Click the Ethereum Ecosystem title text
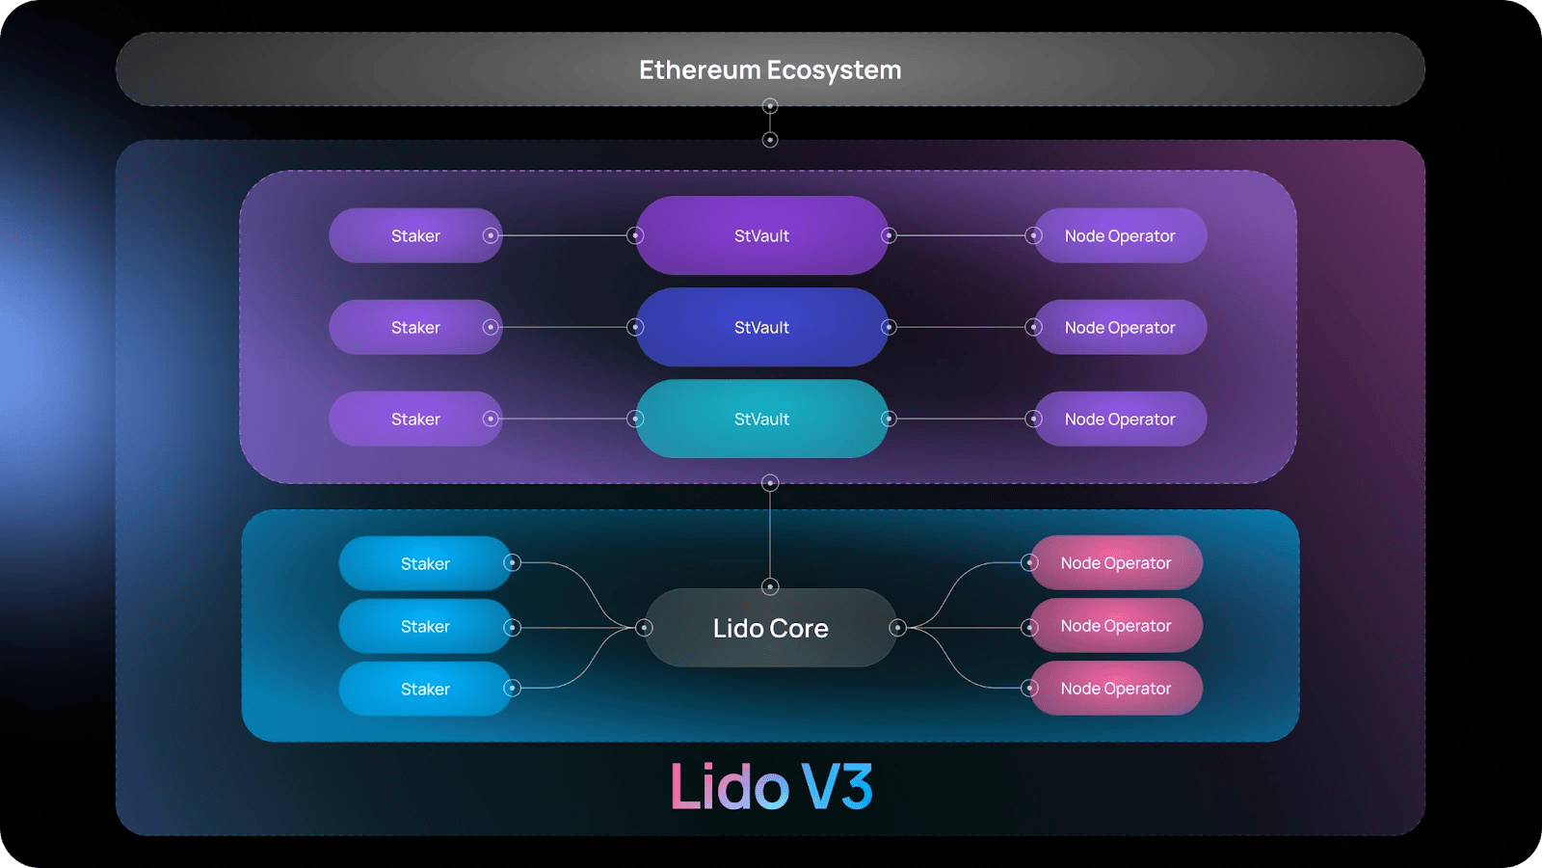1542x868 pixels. (770, 69)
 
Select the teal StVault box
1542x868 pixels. (761, 419)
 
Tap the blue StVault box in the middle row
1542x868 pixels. (761, 327)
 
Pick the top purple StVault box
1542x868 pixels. (761, 235)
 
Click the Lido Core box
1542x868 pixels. (770, 628)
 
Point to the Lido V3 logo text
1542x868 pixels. (771, 785)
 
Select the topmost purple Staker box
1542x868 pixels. (415, 235)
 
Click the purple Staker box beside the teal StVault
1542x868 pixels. (415, 419)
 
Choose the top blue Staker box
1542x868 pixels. (425, 563)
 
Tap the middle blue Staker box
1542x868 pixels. (425, 626)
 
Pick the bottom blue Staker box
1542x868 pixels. (425, 689)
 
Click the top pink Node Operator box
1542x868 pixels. (1116, 563)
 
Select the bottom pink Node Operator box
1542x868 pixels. (1116, 689)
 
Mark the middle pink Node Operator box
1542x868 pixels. (1116, 626)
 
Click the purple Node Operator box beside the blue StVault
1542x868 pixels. (1120, 327)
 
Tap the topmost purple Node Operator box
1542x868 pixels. (1120, 235)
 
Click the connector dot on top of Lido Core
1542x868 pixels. (770, 587)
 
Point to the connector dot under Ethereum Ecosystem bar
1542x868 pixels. (770, 106)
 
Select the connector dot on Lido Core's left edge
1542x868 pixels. (644, 628)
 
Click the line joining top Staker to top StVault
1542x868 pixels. (563, 235)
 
